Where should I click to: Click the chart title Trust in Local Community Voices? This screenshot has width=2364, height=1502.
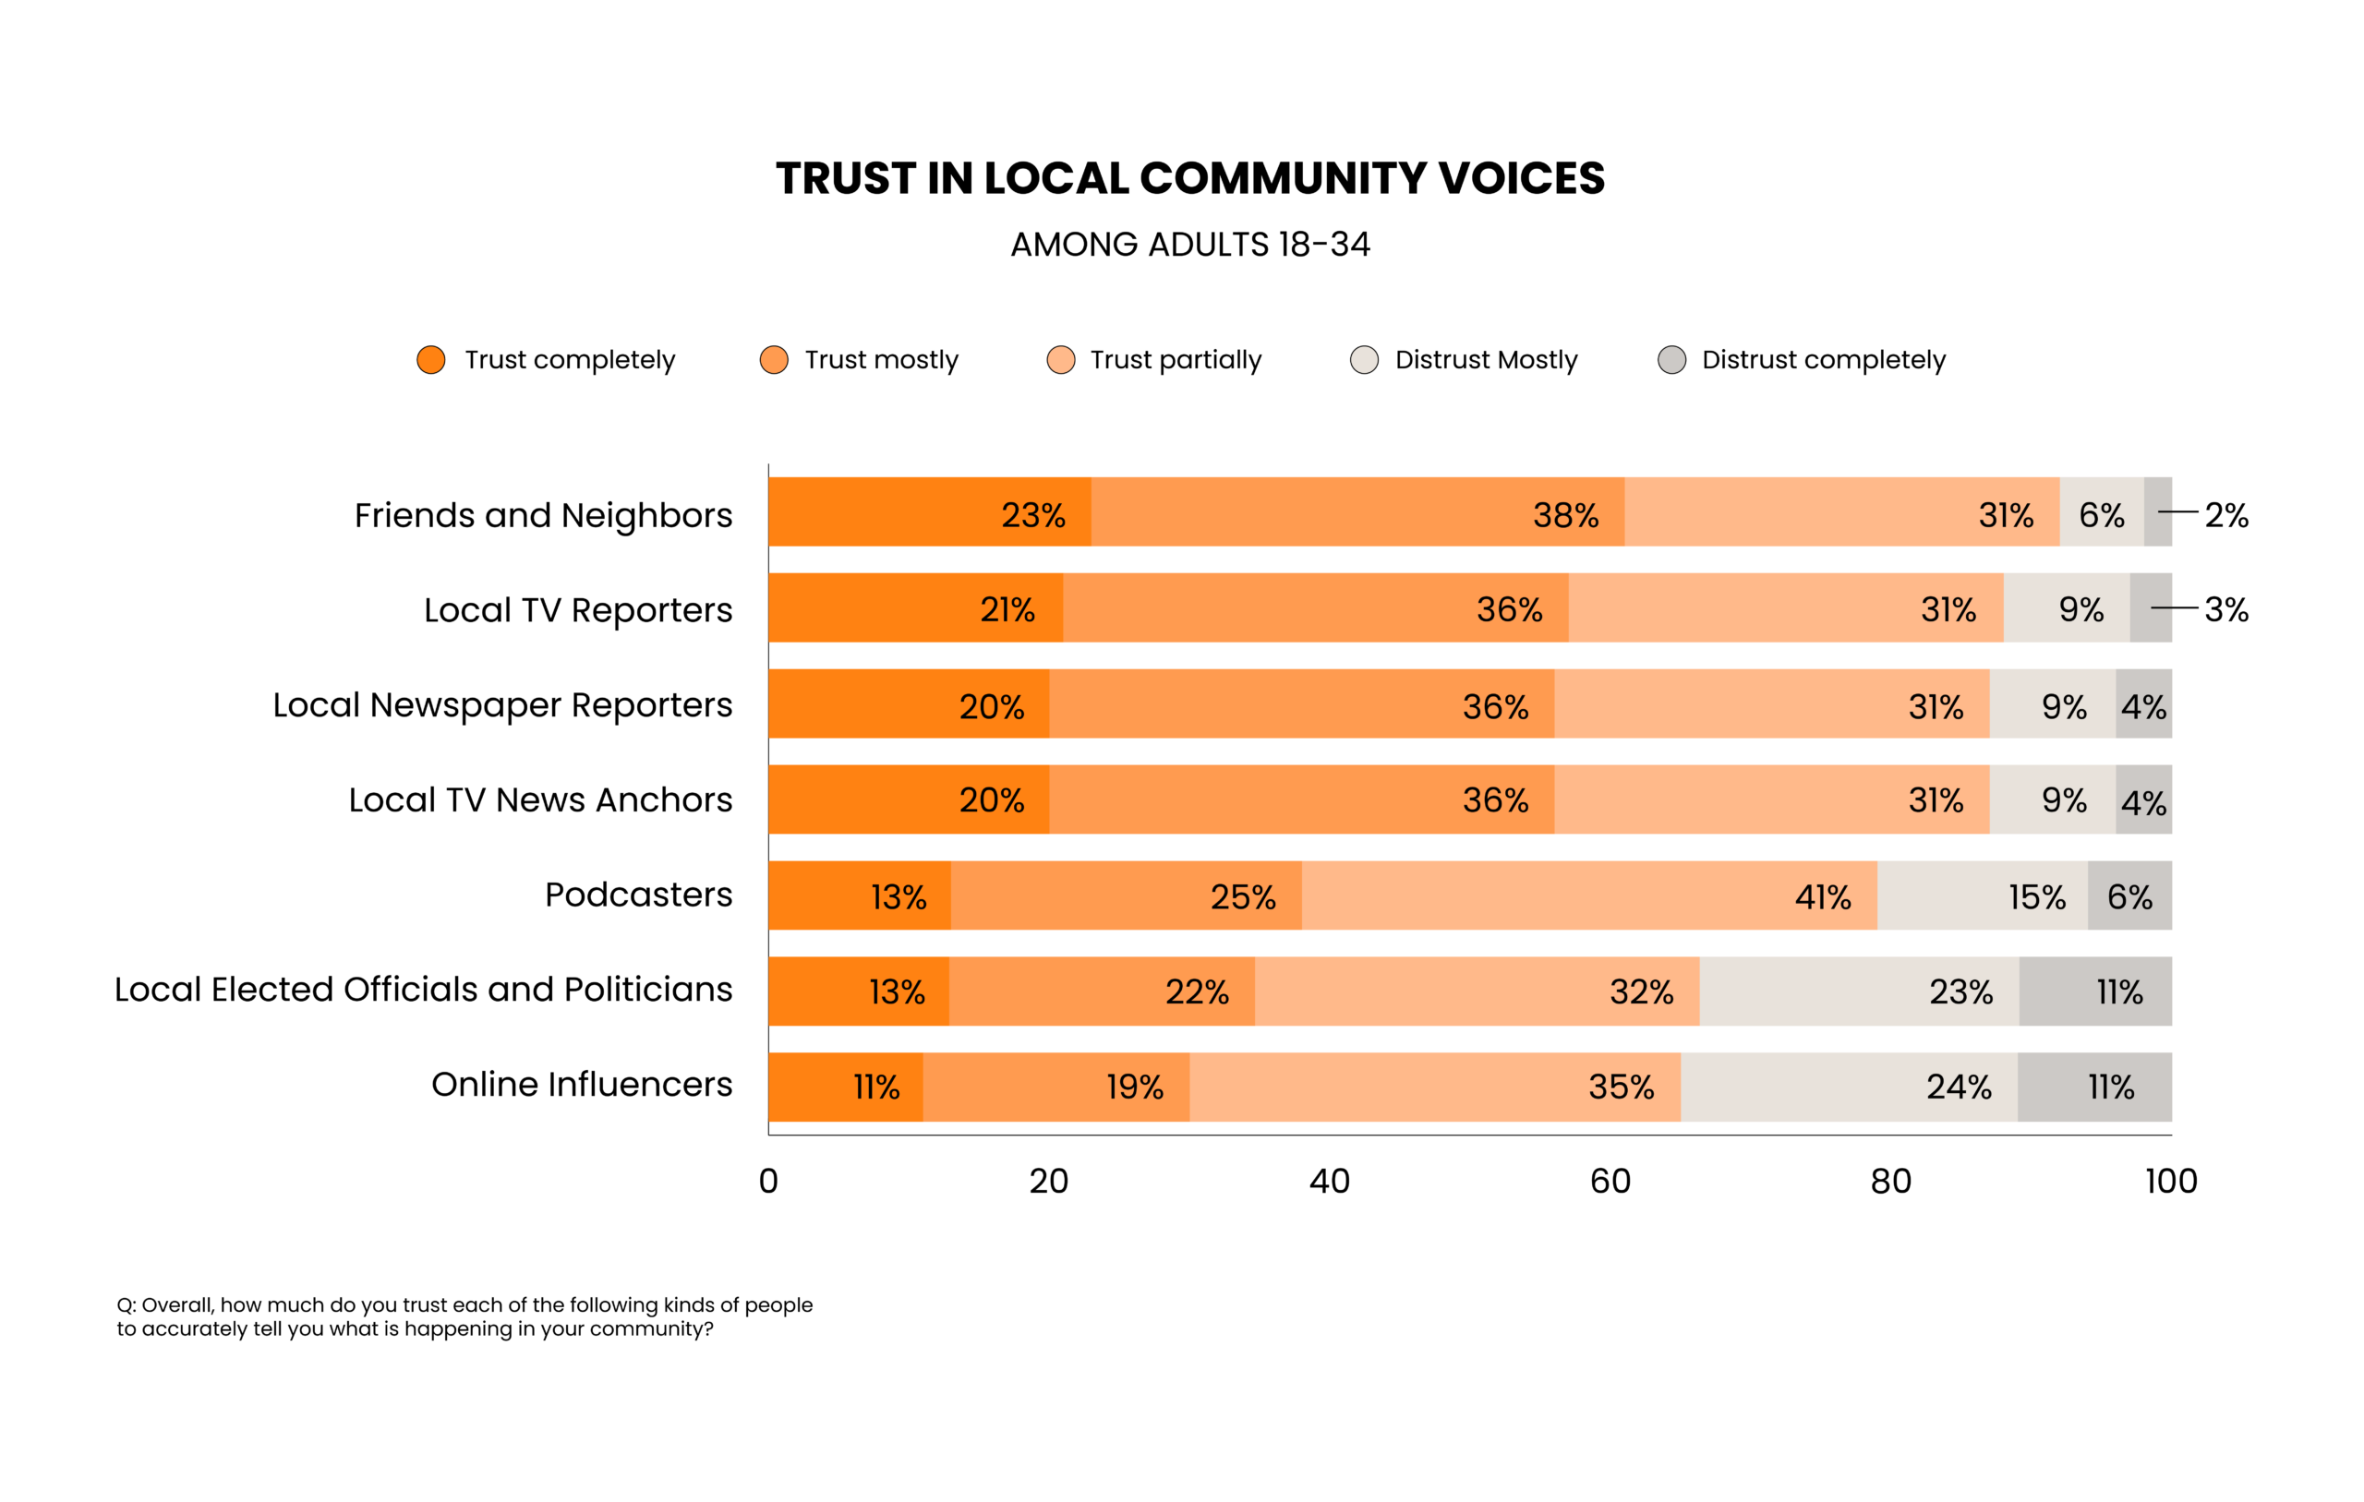[x=1190, y=179]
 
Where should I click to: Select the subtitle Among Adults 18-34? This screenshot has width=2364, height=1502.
[x=1190, y=245]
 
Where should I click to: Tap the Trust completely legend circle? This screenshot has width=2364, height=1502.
[x=431, y=359]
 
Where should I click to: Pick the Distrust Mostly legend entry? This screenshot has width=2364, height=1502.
[x=1486, y=359]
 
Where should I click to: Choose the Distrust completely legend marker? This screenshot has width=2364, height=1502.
[x=1670, y=359]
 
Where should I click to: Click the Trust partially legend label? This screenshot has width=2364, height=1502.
[x=1176, y=359]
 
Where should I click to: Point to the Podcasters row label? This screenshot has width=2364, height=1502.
[x=638, y=895]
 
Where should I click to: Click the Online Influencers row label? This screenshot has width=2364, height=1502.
[x=581, y=1084]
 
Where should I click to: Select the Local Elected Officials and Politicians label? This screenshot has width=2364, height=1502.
[x=423, y=990]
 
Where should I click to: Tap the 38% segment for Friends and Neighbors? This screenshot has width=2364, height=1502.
[x=1357, y=512]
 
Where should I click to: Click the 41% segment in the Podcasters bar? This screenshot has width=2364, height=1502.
[x=1588, y=895]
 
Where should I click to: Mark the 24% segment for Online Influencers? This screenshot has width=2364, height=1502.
[x=1849, y=1087]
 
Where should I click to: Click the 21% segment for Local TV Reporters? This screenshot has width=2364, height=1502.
[x=915, y=608]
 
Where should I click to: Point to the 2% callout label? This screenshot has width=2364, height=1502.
[x=2225, y=514]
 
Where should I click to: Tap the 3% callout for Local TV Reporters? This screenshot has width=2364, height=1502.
[x=2225, y=609]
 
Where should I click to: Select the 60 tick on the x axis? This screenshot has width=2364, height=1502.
[x=1610, y=1181]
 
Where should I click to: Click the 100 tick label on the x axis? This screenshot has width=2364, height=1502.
[x=2171, y=1181]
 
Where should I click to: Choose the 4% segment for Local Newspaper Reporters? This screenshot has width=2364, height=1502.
[x=2143, y=705]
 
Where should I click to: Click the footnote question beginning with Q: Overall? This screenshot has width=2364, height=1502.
[x=464, y=1316]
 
